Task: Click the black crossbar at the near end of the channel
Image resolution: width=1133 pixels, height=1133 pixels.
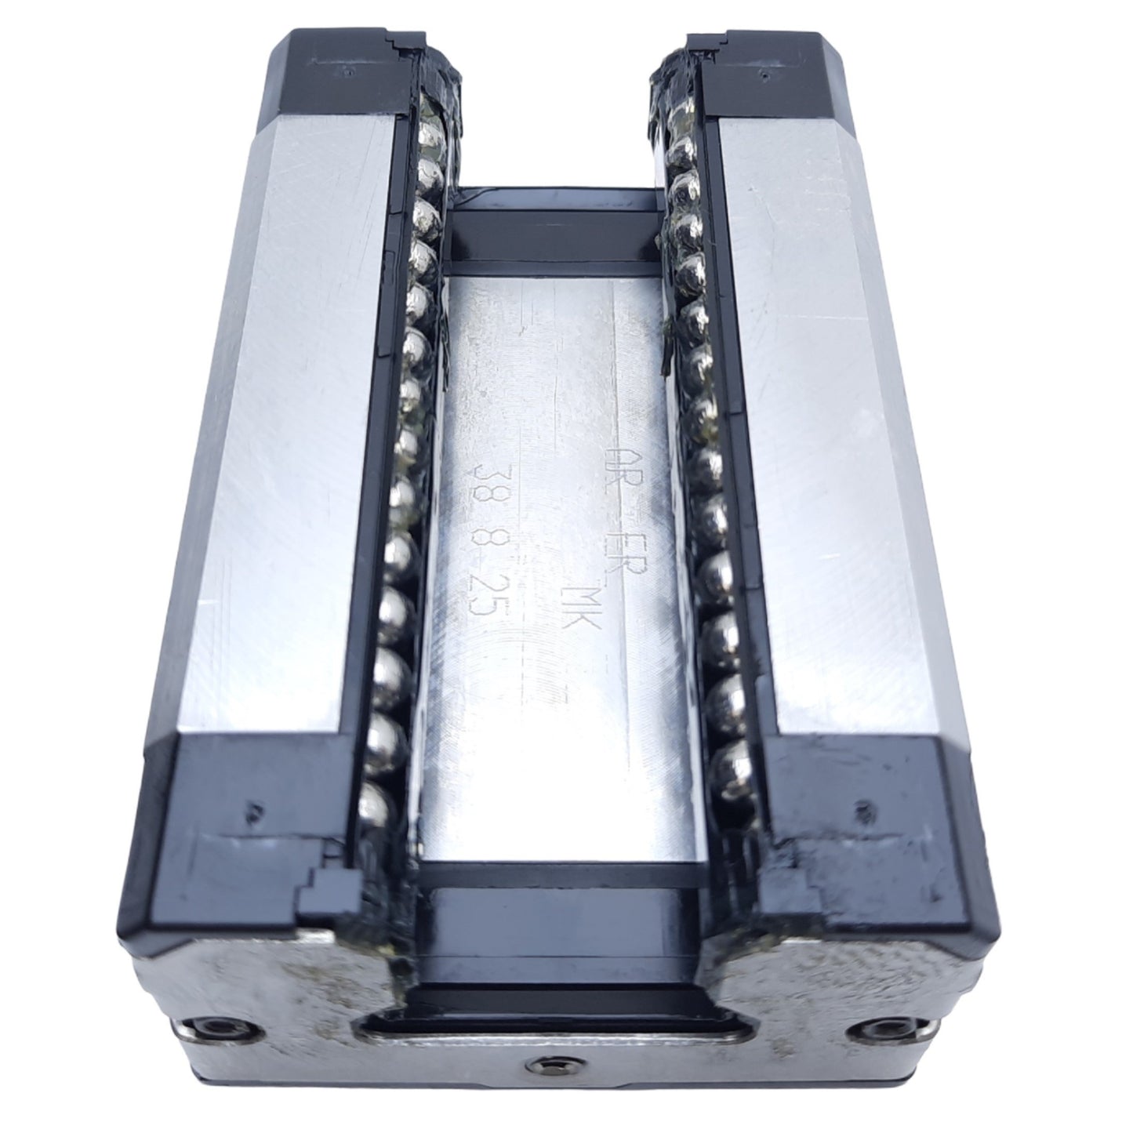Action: click(557, 913)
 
